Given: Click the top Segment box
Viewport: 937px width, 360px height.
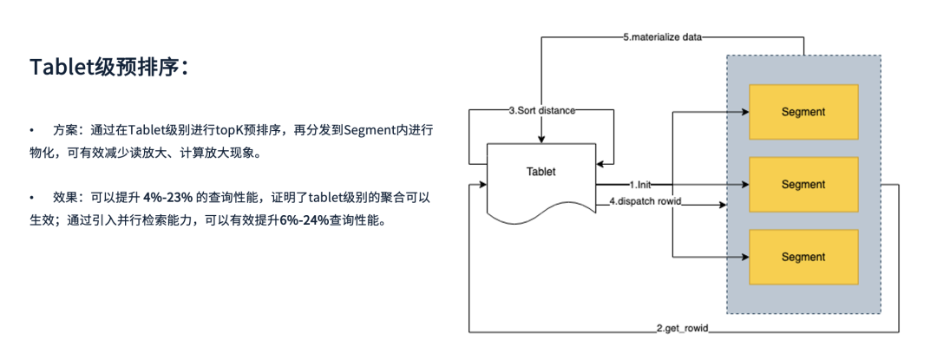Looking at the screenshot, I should pos(803,112).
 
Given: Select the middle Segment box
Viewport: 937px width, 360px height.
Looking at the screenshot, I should pos(803,185).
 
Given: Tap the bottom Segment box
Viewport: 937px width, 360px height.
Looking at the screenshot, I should pos(803,258).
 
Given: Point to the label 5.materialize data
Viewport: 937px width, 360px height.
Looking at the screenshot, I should pos(663,38).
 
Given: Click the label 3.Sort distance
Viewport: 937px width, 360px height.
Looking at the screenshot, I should pos(541,111).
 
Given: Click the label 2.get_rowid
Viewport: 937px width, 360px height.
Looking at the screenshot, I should pos(684,331).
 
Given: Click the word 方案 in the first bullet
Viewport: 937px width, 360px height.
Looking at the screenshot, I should pos(65,130).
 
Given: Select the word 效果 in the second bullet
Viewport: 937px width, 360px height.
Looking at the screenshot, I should pos(65,198).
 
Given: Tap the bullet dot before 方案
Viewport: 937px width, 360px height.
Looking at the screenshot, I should pos(32,130).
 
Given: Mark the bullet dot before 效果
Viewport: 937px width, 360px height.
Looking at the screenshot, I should pos(32,198).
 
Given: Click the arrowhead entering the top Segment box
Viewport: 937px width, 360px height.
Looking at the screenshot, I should pos(744,112).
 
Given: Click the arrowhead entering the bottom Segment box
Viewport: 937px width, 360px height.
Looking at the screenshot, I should pos(744,258).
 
